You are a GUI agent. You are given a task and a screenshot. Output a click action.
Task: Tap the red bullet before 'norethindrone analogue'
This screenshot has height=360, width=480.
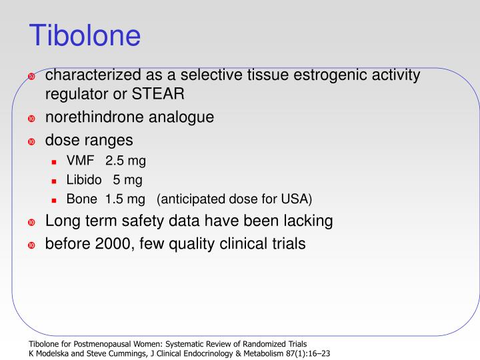(31, 119)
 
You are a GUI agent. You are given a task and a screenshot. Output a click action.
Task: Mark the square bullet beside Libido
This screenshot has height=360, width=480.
(56, 181)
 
